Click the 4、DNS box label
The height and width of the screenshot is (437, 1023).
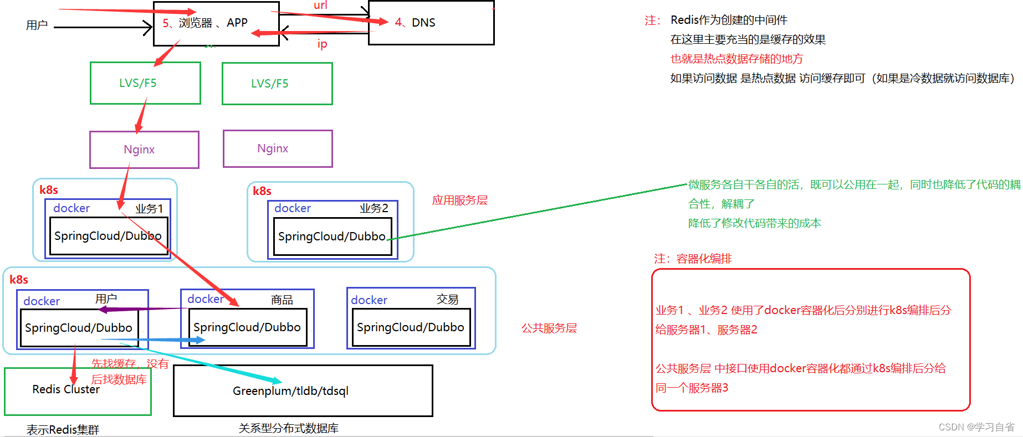coord(416,23)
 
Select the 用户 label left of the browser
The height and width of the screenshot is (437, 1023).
coord(37,25)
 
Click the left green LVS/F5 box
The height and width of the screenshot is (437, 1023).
coord(138,83)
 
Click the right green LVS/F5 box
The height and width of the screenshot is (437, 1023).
coord(270,84)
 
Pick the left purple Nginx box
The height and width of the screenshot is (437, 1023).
coord(139,150)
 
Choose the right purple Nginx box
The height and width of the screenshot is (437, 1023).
coord(273,148)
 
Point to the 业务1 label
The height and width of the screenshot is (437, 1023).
coord(149,209)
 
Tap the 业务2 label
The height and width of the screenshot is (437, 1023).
coord(374,208)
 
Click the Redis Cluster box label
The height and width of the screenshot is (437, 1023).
coord(66,389)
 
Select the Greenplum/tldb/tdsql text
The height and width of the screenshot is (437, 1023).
coord(290,391)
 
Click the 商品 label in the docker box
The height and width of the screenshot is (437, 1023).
coord(282,300)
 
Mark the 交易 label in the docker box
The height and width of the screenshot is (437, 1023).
coord(447,300)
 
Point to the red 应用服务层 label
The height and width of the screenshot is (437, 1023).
coord(459,200)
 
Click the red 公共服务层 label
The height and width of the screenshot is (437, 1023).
coord(549,328)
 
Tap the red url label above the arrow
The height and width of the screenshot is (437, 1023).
coord(320,6)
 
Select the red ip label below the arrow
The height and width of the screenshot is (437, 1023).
coord(322,44)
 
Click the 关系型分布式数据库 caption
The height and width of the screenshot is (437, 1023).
coord(288,428)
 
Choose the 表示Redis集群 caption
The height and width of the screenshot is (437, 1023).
coord(63,430)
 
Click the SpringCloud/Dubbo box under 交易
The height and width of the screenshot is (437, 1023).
coord(411,327)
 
